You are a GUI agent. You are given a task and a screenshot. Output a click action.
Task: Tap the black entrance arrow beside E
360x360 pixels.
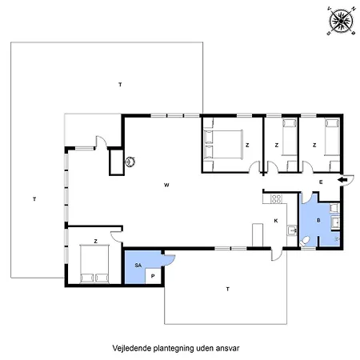pyautogui.click(x=342, y=181)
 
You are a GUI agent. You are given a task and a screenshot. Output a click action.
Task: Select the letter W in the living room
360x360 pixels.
pyautogui.click(x=166, y=185)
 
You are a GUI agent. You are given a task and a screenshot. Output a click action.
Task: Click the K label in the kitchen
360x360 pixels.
pyautogui.click(x=275, y=220)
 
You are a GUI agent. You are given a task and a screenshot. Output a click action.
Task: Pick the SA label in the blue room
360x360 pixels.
pyautogui.click(x=138, y=264)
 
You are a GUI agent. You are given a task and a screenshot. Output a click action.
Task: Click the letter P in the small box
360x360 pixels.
pyautogui.click(x=153, y=275)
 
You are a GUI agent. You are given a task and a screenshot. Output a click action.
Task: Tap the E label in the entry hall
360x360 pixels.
pyautogui.click(x=320, y=182)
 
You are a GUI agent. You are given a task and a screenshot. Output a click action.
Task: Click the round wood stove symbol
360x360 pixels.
pyautogui.click(x=130, y=160)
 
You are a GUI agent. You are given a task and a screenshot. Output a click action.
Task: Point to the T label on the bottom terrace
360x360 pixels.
pyautogui.click(x=227, y=288)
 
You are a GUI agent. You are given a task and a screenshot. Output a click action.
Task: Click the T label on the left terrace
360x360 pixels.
pyautogui.click(x=35, y=198)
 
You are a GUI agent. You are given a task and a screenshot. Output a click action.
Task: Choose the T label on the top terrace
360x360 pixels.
pyautogui.click(x=120, y=84)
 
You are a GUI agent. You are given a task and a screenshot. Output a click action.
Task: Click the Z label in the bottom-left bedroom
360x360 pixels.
pyautogui.click(x=95, y=240)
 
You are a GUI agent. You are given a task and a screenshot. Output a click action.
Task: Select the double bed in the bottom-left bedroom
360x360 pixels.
pyautogui.click(x=94, y=265)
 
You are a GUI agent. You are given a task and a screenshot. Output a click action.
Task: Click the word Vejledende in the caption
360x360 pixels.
pyautogui.click(x=134, y=349)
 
